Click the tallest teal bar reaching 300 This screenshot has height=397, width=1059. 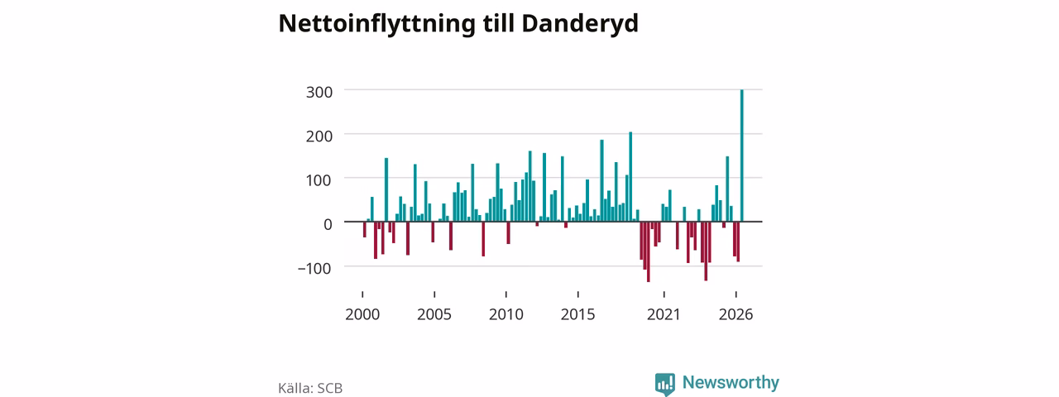point(742,155)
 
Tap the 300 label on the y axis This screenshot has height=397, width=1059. point(319,92)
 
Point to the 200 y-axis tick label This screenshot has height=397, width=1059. point(319,136)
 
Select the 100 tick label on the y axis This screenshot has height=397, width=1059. point(319,180)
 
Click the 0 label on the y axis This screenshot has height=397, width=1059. point(328,224)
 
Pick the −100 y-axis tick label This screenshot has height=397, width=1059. point(314,269)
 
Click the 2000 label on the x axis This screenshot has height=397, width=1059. point(362,314)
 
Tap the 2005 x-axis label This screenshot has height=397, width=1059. point(434,314)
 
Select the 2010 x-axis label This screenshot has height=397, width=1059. point(506,314)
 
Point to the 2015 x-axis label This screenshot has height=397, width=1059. point(578,314)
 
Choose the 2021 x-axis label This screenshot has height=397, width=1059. point(664,314)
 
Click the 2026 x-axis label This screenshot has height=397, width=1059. point(736,314)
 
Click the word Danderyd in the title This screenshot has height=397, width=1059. point(580,24)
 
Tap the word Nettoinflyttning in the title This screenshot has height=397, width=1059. point(376,24)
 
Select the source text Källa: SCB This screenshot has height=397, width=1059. point(310,388)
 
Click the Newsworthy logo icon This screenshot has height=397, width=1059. point(665,384)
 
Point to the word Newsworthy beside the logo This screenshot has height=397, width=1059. point(731,382)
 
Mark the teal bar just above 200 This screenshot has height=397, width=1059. point(630,177)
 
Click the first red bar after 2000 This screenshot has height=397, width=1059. point(365,229)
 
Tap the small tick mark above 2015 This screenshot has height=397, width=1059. point(578,294)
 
